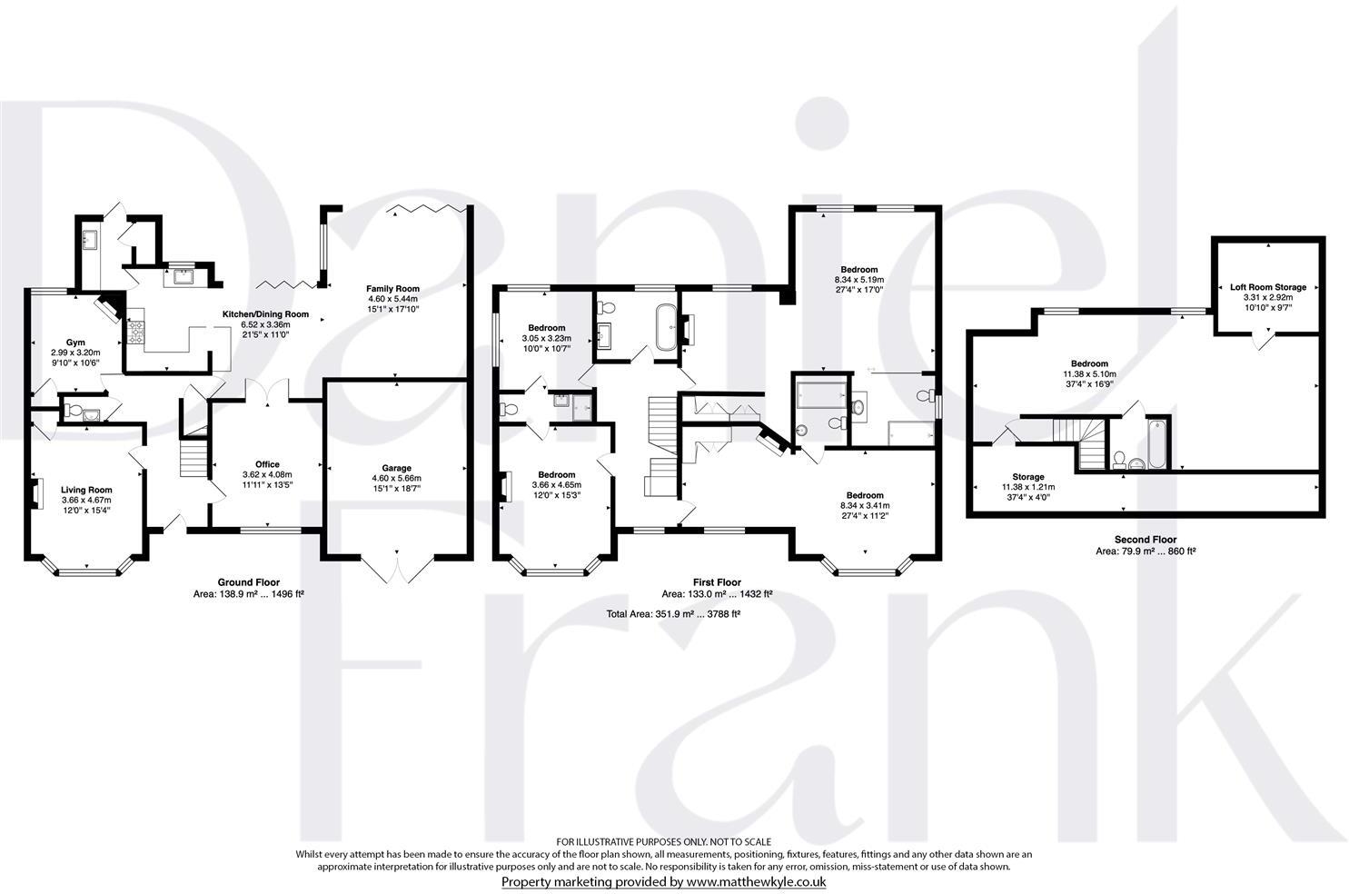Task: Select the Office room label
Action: point(267,464)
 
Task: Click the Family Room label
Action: point(392,289)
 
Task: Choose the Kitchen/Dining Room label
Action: point(265,314)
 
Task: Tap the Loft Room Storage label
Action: point(1267,287)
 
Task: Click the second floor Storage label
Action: point(1027,477)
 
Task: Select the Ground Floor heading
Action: point(248,582)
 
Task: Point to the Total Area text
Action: point(673,614)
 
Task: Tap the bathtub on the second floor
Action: point(1157,442)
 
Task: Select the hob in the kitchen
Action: point(136,333)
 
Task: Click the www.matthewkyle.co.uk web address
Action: point(755,882)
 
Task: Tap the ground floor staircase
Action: point(193,458)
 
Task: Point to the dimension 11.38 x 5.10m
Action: point(1089,373)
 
